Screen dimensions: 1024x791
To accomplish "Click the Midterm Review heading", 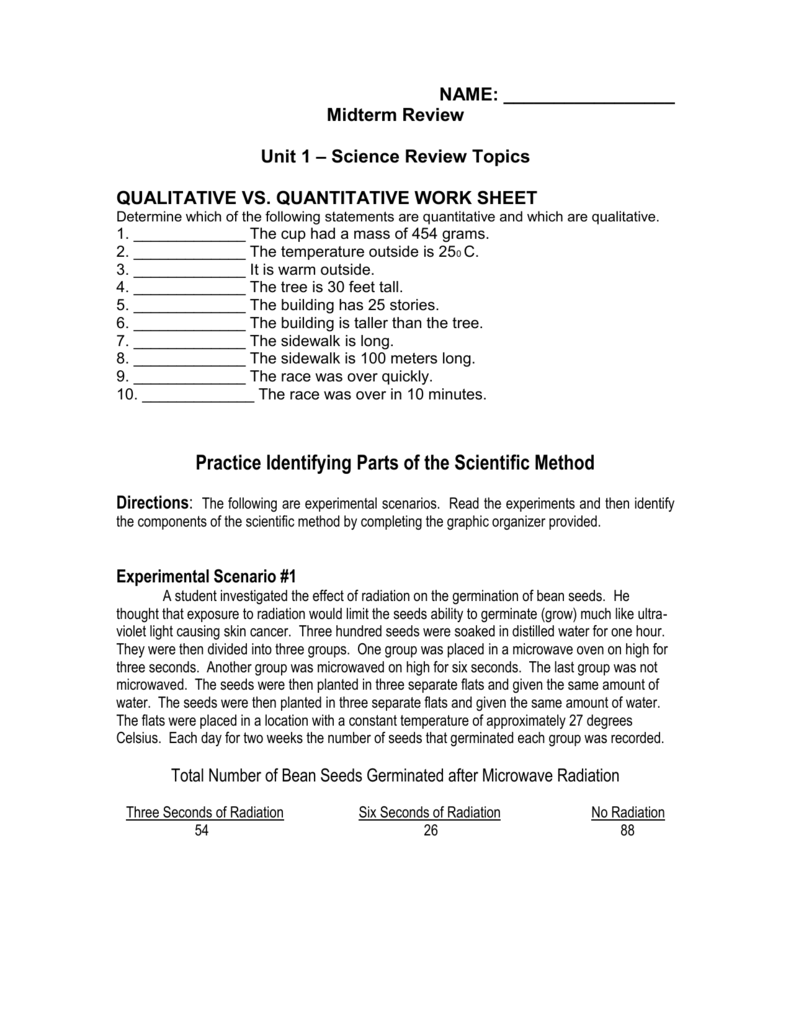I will tap(395, 116).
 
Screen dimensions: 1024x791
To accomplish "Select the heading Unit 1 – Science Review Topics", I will tap(395, 157).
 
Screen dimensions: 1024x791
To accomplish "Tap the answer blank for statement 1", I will tap(189, 236).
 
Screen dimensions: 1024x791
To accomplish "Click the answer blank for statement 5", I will tap(189, 305).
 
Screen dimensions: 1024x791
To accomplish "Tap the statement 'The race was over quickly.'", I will tap(341, 377).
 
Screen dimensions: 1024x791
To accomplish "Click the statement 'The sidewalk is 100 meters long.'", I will tap(362, 359).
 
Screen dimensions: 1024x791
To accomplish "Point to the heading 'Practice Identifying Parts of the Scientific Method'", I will tap(395, 463).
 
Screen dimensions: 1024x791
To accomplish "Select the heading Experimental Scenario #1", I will tap(207, 577).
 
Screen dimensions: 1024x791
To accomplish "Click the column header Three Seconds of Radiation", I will tap(204, 813).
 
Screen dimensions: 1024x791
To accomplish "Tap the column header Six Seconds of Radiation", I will tap(429, 813).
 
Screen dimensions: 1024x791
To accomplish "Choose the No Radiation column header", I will tap(628, 813).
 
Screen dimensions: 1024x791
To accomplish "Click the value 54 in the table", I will tap(203, 832).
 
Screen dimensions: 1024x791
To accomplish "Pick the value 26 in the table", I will tap(430, 832).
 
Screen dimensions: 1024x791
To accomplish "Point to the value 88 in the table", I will tap(627, 832).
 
